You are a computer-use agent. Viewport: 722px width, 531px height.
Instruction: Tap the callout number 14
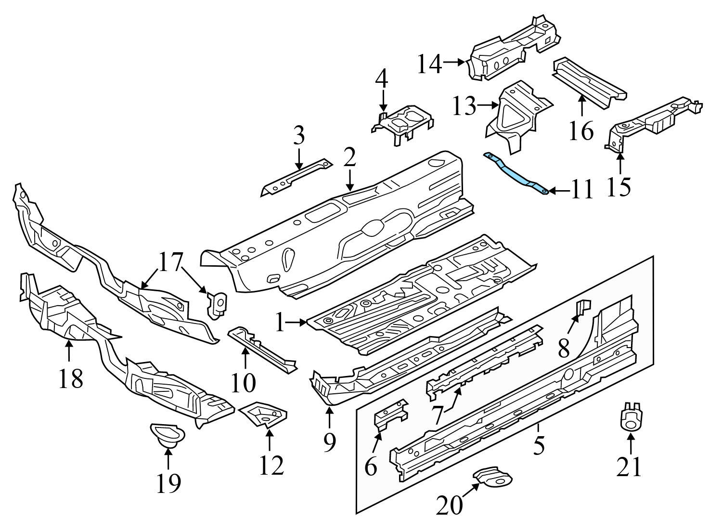point(429,64)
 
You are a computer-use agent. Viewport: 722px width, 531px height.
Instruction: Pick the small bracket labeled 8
point(583,308)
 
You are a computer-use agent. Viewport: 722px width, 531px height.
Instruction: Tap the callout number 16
point(581,130)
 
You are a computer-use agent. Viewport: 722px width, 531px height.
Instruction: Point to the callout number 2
point(349,158)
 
